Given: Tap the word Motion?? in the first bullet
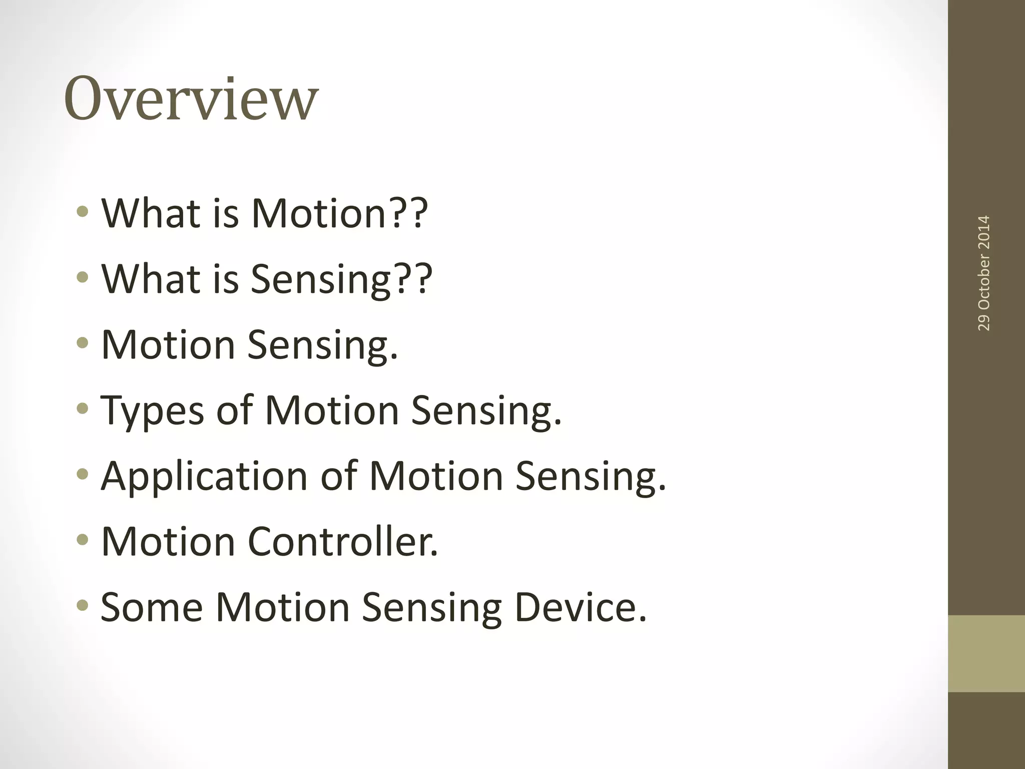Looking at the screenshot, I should [x=339, y=213].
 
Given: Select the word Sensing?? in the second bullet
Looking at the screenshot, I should [x=341, y=279].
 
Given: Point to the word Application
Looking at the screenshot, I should [x=204, y=476].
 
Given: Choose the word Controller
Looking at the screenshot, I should [x=343, y=542].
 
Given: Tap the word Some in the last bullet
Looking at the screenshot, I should [x=152, y=607].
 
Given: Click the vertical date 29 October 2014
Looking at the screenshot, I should [x=983, y=273].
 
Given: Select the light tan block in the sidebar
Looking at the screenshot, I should [x=986, y=653].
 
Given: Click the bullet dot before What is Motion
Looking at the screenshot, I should [x=83, y=212].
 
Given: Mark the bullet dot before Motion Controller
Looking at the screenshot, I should [x=83, y=540].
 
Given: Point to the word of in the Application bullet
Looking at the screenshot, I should [x=339, y=476].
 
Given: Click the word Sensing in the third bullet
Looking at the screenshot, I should [x=323, y=345].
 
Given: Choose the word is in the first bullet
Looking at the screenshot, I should [x=225, y=213].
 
